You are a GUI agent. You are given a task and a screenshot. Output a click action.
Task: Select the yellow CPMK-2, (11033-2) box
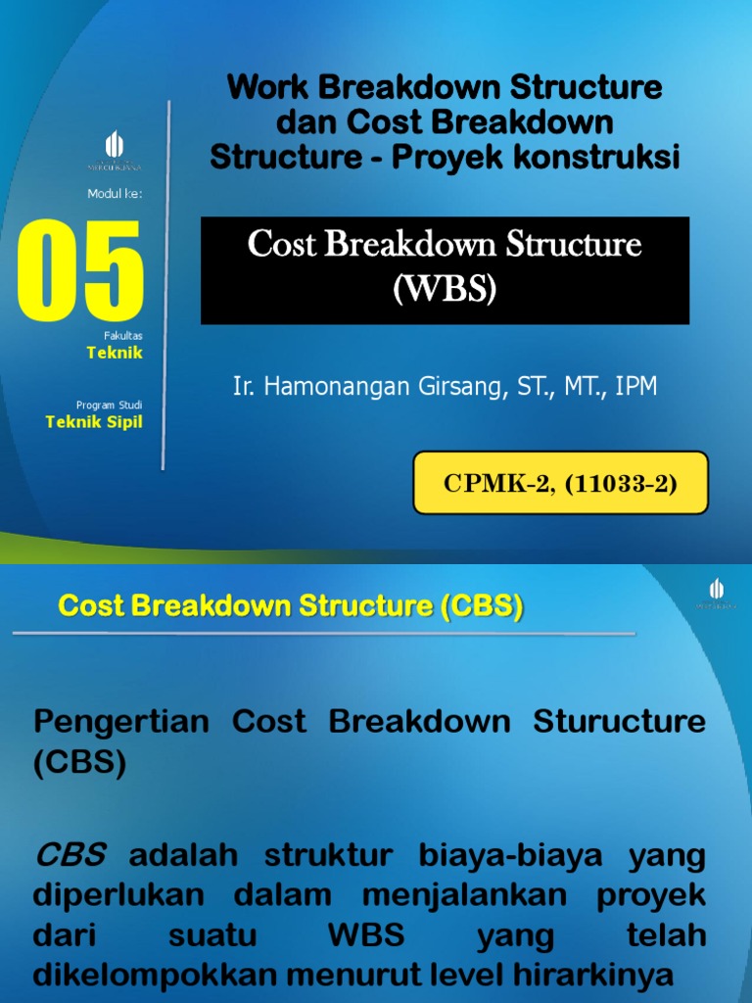[x=560, y=483]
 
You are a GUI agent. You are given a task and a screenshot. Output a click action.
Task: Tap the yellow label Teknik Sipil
[x=94, y=422]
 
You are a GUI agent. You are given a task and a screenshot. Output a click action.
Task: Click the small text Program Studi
[x=109, y=405]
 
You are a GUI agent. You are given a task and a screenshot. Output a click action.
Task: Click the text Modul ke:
[x=115, y=194]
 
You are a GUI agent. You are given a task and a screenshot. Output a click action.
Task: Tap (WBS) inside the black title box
[x=445, y=289]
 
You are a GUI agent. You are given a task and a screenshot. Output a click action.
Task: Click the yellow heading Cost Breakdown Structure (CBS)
[x=291, y=606]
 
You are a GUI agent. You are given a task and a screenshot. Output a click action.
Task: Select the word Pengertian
[x=121, y=723]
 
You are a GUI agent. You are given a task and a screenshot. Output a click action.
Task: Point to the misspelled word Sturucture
[x=619, y=723]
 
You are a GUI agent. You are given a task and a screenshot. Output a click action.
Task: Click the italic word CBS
[x=70, y=856]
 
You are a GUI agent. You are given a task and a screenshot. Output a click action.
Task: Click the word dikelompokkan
[x=169, y=976]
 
